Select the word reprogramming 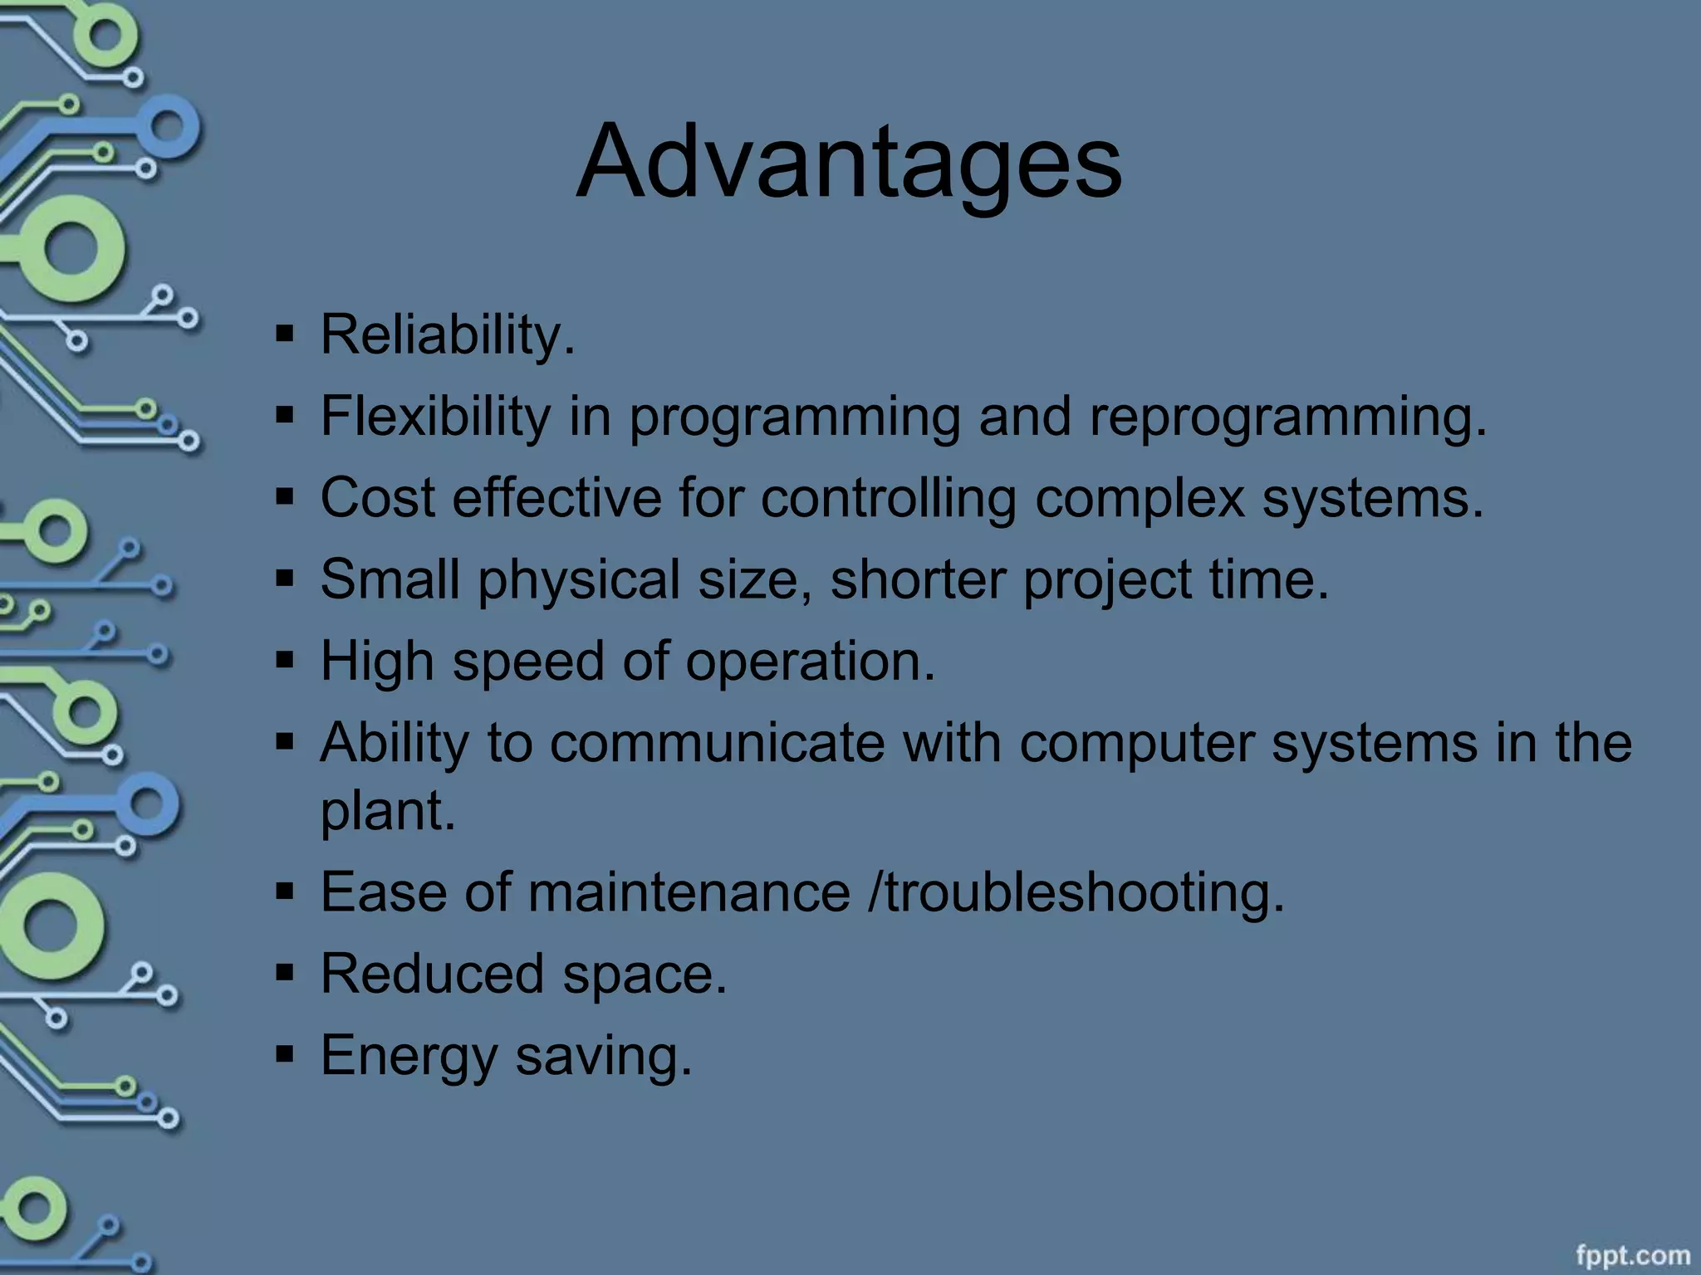tap(1287, 418)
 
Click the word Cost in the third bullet tap(377, 497)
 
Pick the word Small tap(390, 579)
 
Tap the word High tap(377, 662)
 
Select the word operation tap(810, 662)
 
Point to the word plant tap(388, 811)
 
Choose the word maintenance tap(689, 892)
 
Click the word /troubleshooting tap(1076, 894)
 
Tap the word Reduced tap(432, 974)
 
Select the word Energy tap(409, 1057)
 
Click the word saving tap(603, 1057)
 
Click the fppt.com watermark tap(1632, 1255)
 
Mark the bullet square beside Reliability tap(285, 335)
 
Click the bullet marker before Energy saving tap(285, 1056)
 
